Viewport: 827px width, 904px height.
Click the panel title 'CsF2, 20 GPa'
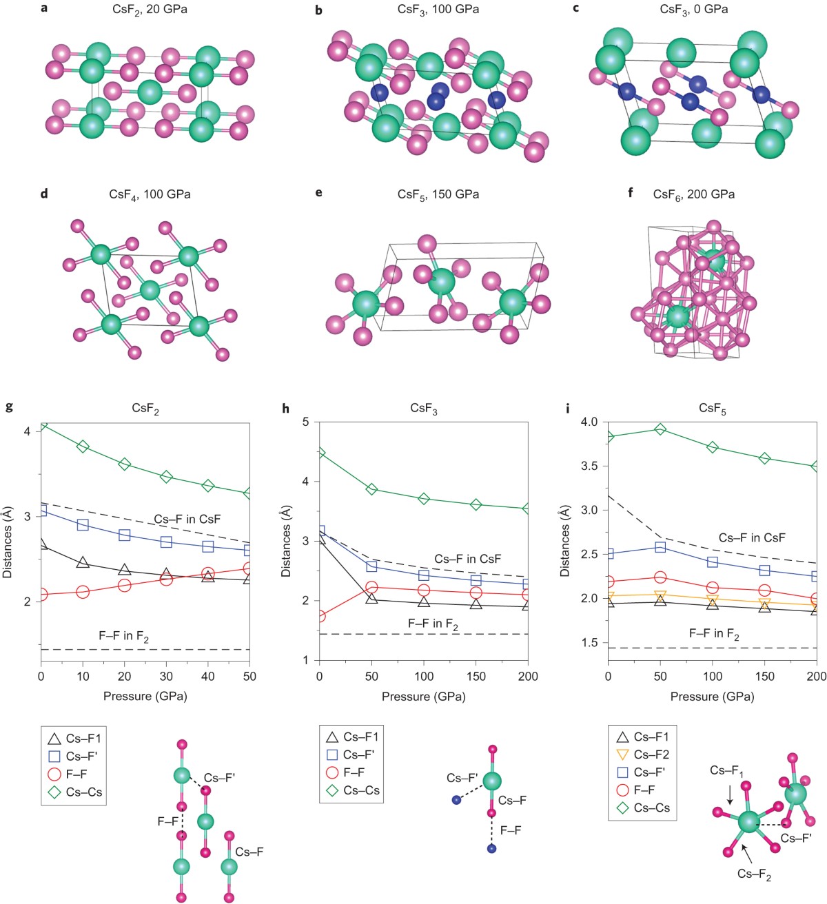[150, 10]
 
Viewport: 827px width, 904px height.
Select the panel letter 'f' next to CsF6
[631, 193]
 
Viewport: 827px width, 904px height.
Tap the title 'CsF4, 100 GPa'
[150, 194]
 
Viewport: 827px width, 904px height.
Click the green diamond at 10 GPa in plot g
[83, 446]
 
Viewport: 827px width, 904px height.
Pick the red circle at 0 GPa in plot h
[319, 616]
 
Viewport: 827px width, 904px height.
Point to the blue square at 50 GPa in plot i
[660, 547]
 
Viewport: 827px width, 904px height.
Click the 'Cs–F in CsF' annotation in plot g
[187, 520]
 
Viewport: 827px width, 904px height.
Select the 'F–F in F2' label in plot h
[433, 624]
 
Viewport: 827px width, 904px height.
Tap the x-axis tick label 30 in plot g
[166, 677]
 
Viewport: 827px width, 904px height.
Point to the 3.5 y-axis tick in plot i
[590, 466]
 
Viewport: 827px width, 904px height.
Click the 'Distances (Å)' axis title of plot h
[286, 541]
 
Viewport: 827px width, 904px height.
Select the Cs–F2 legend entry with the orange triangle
[642, 754]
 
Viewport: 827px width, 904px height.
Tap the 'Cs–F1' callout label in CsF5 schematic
[726, 771]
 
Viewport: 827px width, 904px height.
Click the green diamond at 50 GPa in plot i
[660, 429]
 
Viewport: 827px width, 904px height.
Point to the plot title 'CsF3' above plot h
[423, 409]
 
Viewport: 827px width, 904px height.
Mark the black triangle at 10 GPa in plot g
[83, 563]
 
